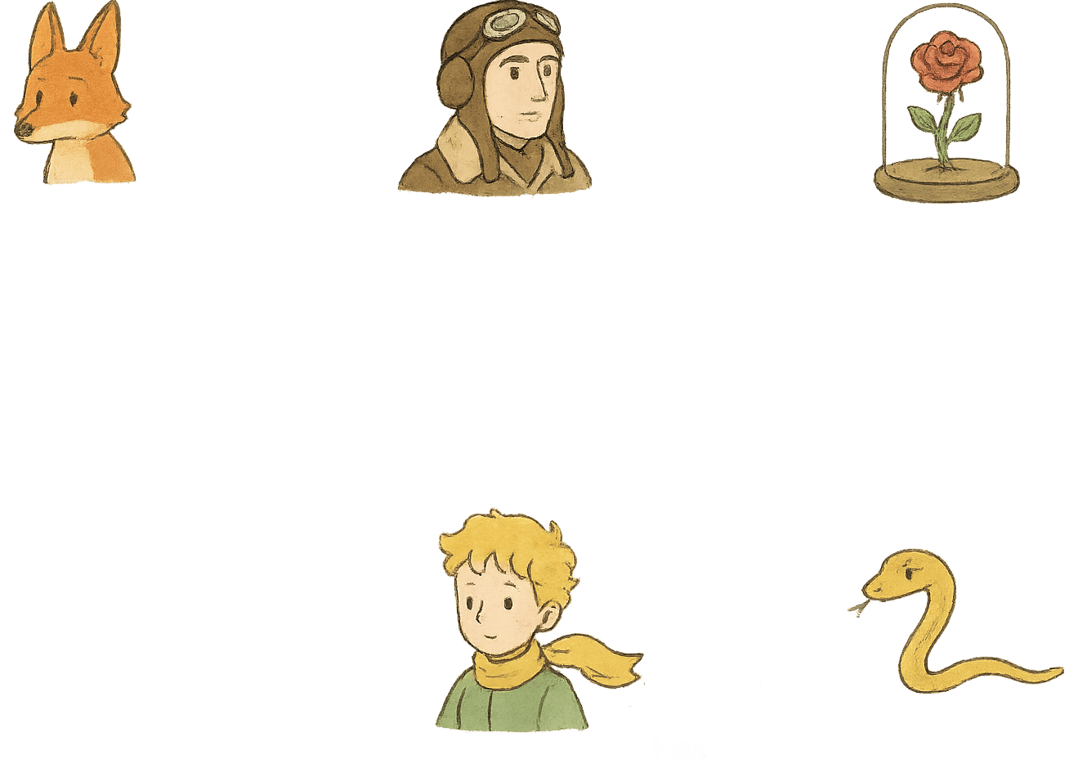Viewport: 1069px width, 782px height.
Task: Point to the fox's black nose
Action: (x=25, y=128)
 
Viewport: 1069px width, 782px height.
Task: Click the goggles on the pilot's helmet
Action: (x=508, y=24)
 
